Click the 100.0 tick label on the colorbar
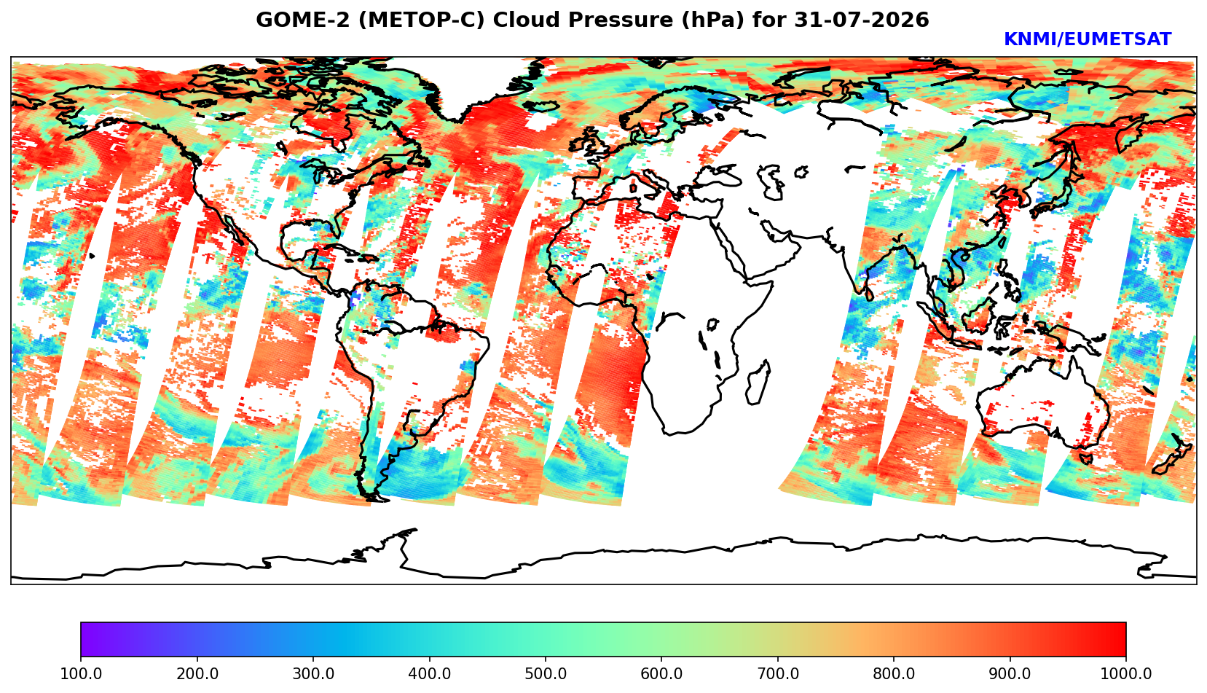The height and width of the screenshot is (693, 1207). click(x=80, y=673)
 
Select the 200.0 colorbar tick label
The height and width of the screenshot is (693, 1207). click(x=197, y=673)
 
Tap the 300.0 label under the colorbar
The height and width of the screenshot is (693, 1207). click(x=313, y=673)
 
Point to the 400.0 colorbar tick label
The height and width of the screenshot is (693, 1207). click(x=430, y=673)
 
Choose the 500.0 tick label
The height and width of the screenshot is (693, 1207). click(x=546, y=673)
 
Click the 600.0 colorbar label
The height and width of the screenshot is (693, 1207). click(x=661, y=673)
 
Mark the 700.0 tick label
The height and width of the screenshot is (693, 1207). click(x=777, y=673)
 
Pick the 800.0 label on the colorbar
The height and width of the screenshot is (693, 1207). click(x=894, y=673)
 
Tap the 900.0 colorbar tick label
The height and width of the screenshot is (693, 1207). click(x=1010, y=673)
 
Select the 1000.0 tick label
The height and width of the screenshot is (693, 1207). click(x=1125, y=673)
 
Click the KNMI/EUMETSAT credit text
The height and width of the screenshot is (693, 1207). click(x=1088, y=39)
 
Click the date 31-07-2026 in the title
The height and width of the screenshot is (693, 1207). click(x=862, y=20)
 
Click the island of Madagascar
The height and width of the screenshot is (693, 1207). click(x=757, y=382)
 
